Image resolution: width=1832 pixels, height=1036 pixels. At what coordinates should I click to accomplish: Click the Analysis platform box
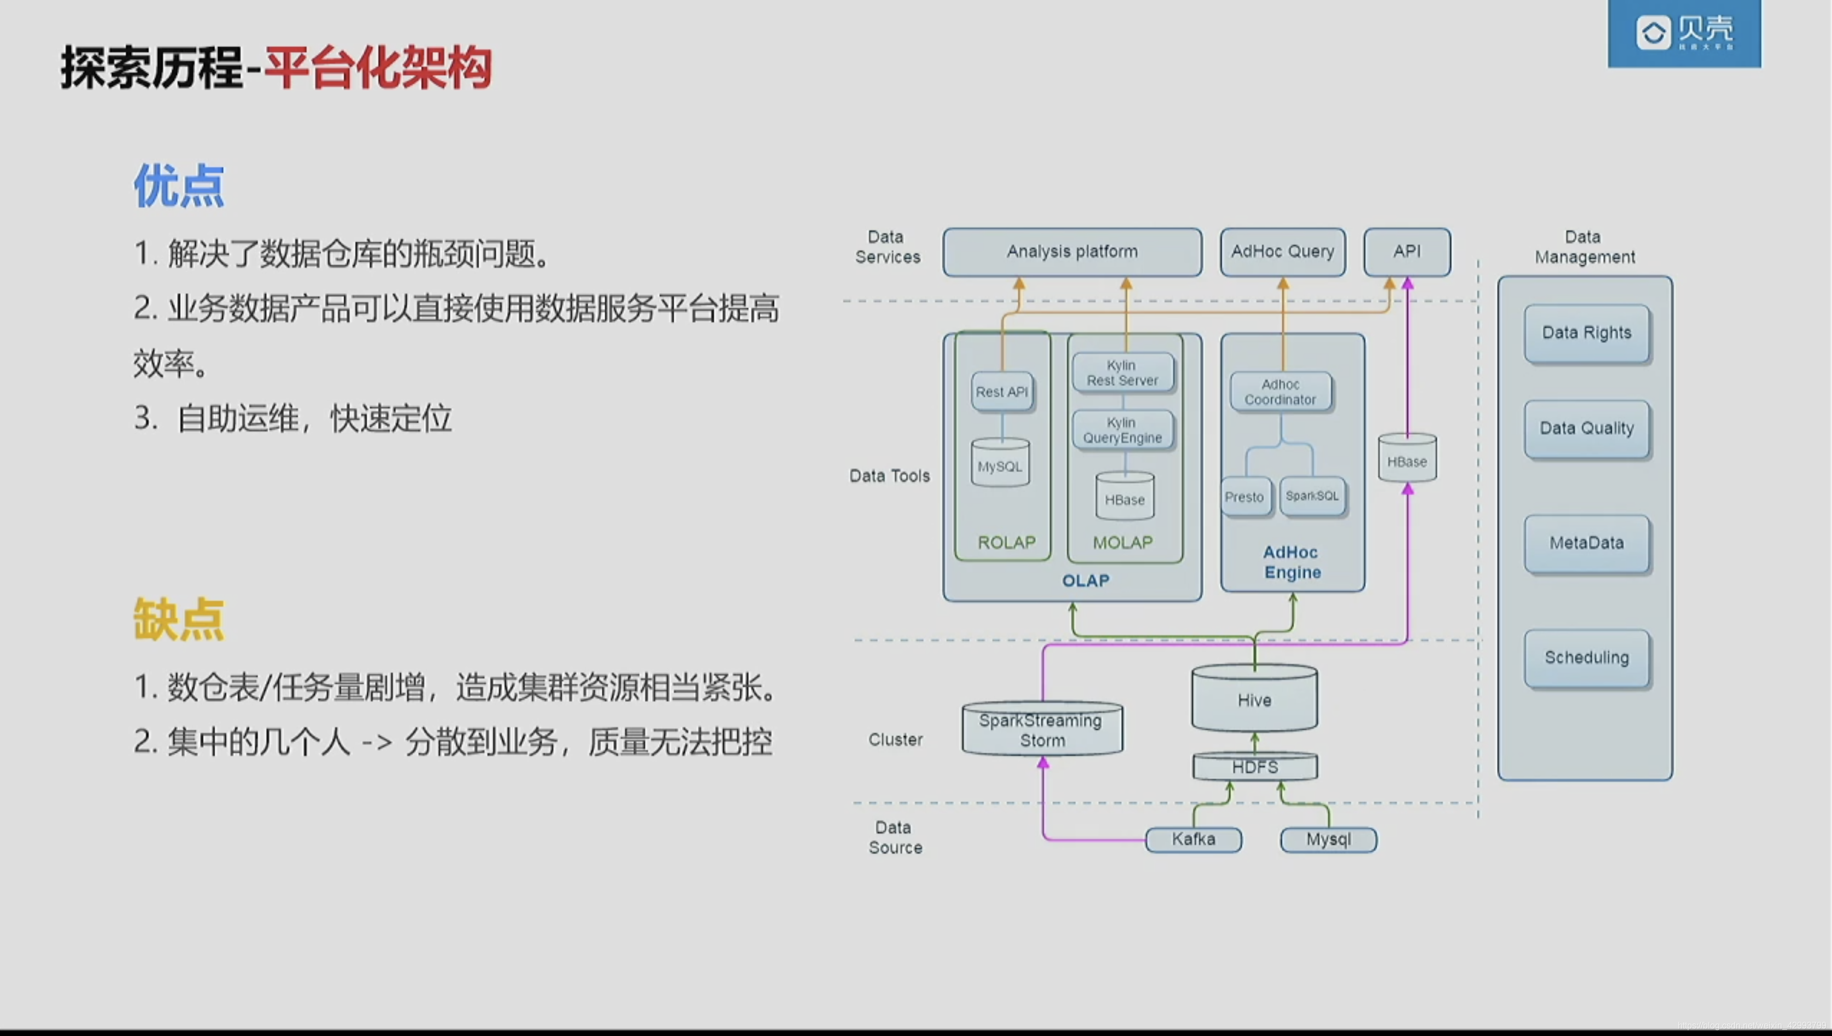pos(1072,252)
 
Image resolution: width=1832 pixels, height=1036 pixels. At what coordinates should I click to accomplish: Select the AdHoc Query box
pos(1282,252)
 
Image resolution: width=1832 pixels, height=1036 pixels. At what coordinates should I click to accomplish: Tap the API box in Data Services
pos(1407,252)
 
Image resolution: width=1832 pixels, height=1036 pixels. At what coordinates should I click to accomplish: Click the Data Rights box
pos(1586,333)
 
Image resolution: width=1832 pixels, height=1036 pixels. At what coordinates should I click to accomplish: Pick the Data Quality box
pos(1586,428)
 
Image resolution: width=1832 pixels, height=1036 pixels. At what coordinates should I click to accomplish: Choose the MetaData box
pos(1586,543)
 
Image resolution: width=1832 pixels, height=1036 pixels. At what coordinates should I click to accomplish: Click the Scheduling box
pos(1586,657)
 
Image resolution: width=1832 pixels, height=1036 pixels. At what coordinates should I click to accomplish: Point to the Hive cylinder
pos(1254,700)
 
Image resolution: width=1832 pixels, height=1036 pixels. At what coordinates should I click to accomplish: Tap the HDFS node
pos(1254,767)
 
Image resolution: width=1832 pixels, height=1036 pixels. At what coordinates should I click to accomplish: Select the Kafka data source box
pos(1193,840)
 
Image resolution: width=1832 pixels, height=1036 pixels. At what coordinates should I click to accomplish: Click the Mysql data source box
pos(1328,840)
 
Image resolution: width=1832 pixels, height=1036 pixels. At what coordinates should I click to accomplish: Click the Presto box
pos(1244,497)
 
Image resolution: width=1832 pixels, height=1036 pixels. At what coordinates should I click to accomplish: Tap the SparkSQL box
pos(1312,496)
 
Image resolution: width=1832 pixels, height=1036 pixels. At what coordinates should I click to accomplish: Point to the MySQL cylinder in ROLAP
pos(1000,465)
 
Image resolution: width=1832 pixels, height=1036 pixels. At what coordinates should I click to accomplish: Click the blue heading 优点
pos(179,187)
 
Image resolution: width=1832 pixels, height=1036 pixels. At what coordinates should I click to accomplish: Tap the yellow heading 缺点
pos(179,619)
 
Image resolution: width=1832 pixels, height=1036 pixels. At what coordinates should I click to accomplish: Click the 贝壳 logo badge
pos(1684,33)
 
